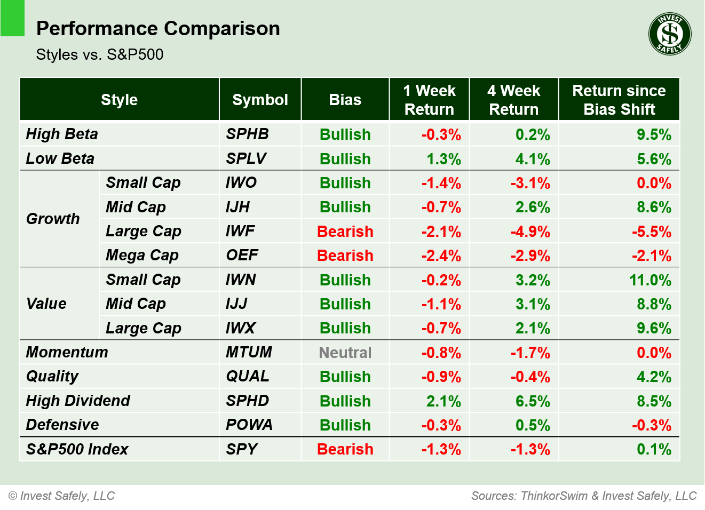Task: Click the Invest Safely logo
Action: pyautogui.click(x=670, y=34)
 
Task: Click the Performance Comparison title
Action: pyautogui.click(x=158, y=28)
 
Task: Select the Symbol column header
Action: pyautogui.click(x=260, y=100)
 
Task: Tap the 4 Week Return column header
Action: pyautogui.click(x=513, y=100)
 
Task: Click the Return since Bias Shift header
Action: pyautogui.click(x=619, y=100)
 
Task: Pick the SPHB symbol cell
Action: pyautogui.click(x=247, y=134)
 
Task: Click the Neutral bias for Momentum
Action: pyautogui.click(x=345, y=353)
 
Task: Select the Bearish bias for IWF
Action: pyautogui.click(x=345, y=232)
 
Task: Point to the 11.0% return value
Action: pyautogui.click(x=650, y=280)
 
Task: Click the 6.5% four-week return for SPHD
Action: pyautogui.click(x=532, y=401)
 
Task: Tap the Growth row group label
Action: pyautogui.click(x=53, y=219)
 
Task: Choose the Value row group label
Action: pyautogui.click(x=46, y=304)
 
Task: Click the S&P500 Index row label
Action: pyautogui.click(x=77, y=449)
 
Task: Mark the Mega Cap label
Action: pyautogui.click(x=142, y=256)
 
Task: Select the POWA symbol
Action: pyautogui.click(x=249, y=425)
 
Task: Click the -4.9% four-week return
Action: pyautogui.click(x=530, y=232)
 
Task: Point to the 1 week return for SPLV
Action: pyautogui.click(x=443, y=159)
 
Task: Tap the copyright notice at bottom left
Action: pyautogui.click(x=62, y=496)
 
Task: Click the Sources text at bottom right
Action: pyautogui.click(x=584, y=496)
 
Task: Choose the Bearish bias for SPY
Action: pyautogui.click(x=345, y=449)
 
